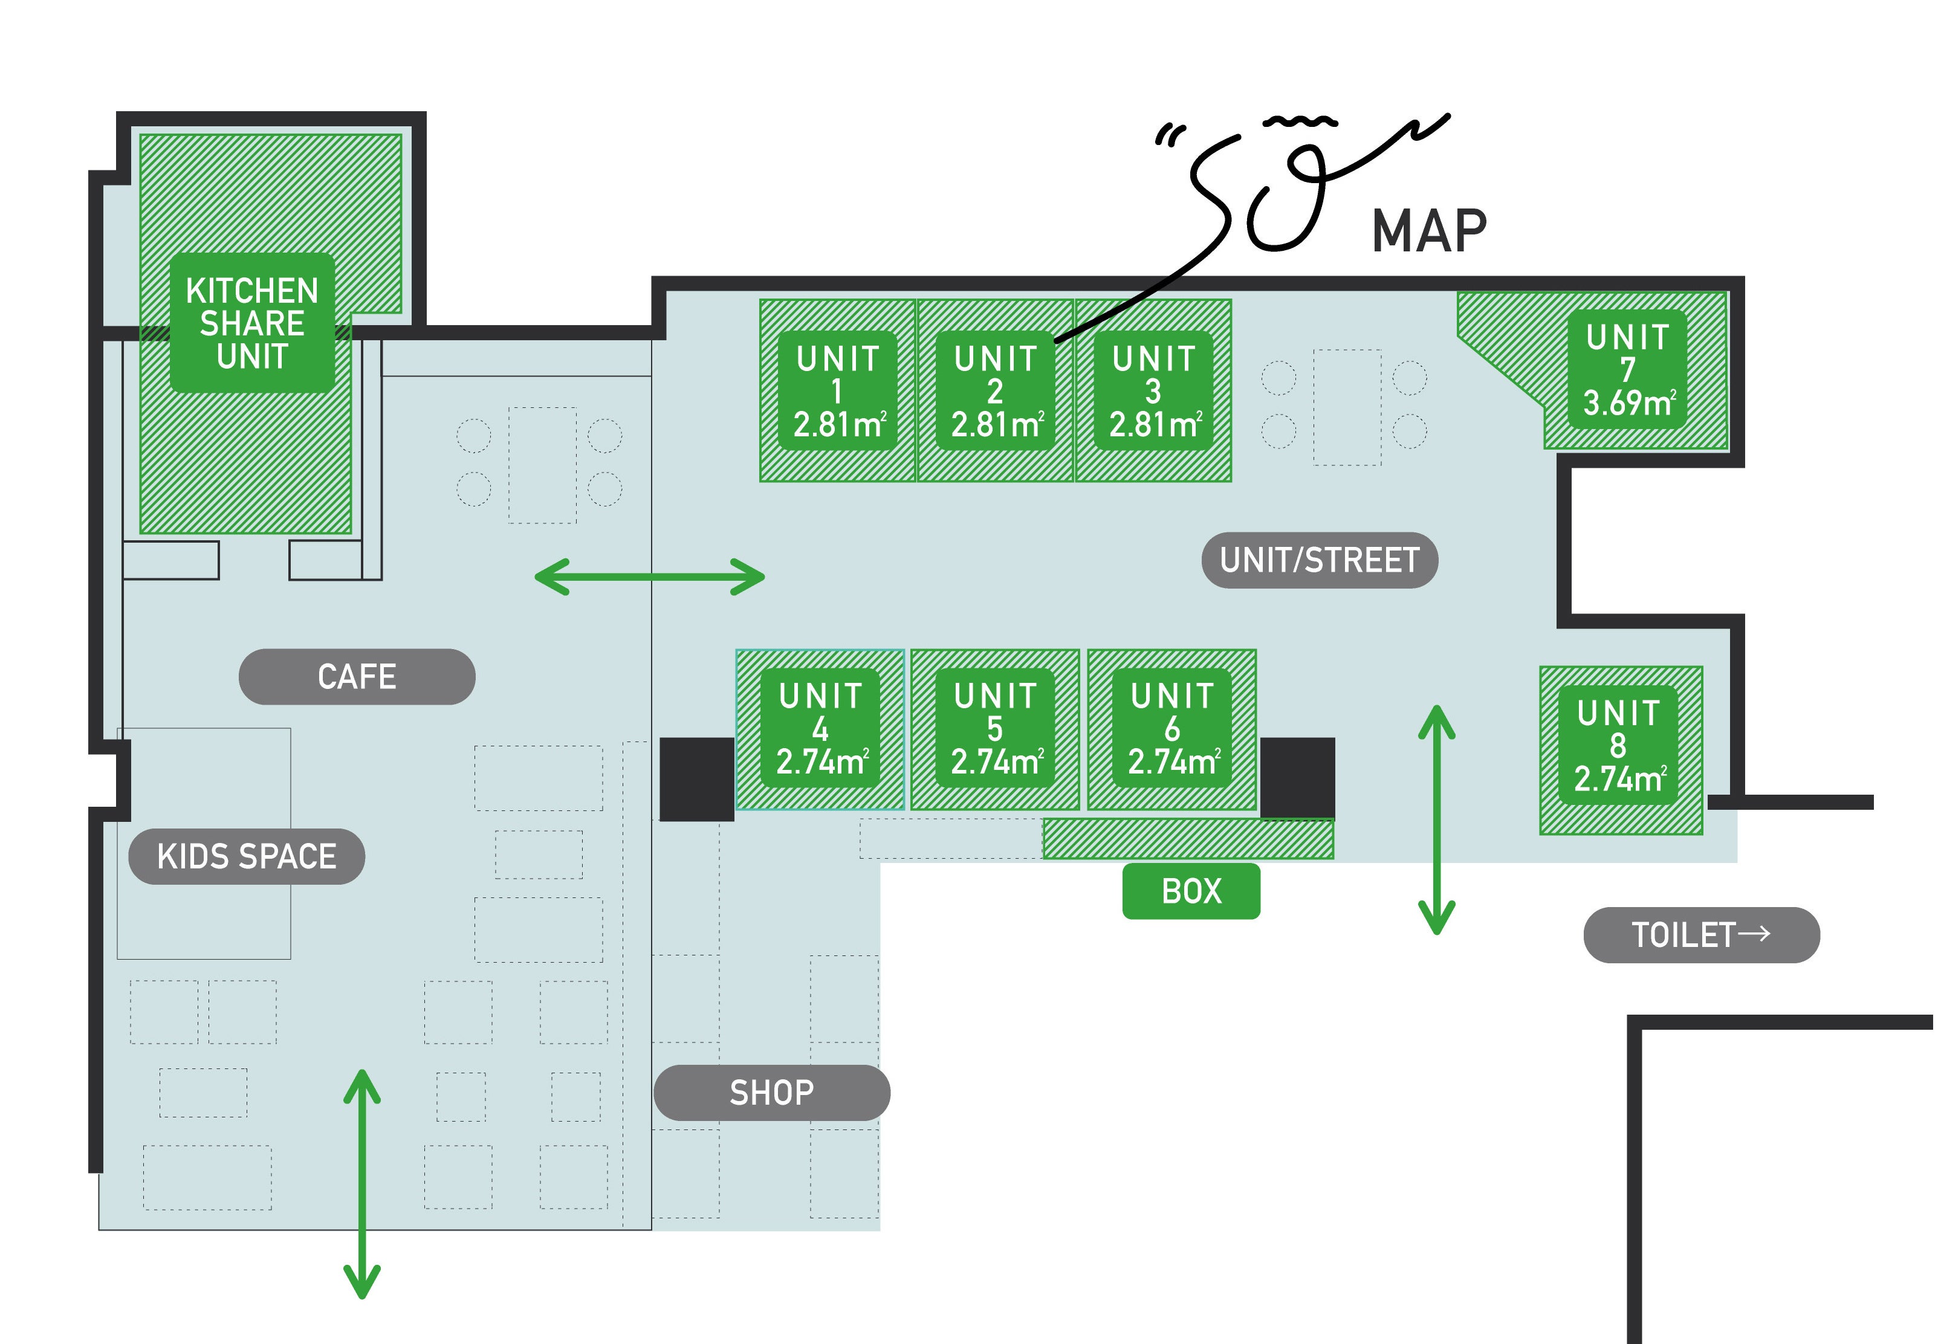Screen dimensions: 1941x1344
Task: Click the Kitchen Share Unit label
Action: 252,323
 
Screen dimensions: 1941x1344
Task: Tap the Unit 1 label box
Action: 837,391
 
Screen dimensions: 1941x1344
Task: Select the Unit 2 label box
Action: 996,391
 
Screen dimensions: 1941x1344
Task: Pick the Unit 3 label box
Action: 1153,391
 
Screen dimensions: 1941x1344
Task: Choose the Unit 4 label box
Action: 820,728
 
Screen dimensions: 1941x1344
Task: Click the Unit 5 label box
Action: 996,728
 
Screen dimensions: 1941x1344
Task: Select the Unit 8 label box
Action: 1618,745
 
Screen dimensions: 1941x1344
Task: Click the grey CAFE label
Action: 357,676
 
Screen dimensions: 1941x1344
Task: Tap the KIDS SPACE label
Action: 247,856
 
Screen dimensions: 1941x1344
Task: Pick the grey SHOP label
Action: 771,1092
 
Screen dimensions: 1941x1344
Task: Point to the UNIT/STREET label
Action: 1320,560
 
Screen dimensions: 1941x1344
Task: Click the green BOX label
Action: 1191,891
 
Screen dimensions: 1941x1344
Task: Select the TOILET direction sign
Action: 1701,935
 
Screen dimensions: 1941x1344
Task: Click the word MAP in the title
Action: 1429,231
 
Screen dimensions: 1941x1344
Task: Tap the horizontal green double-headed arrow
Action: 649,577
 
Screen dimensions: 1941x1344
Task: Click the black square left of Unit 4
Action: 696,779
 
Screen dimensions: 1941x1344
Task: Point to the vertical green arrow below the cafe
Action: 362,1184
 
